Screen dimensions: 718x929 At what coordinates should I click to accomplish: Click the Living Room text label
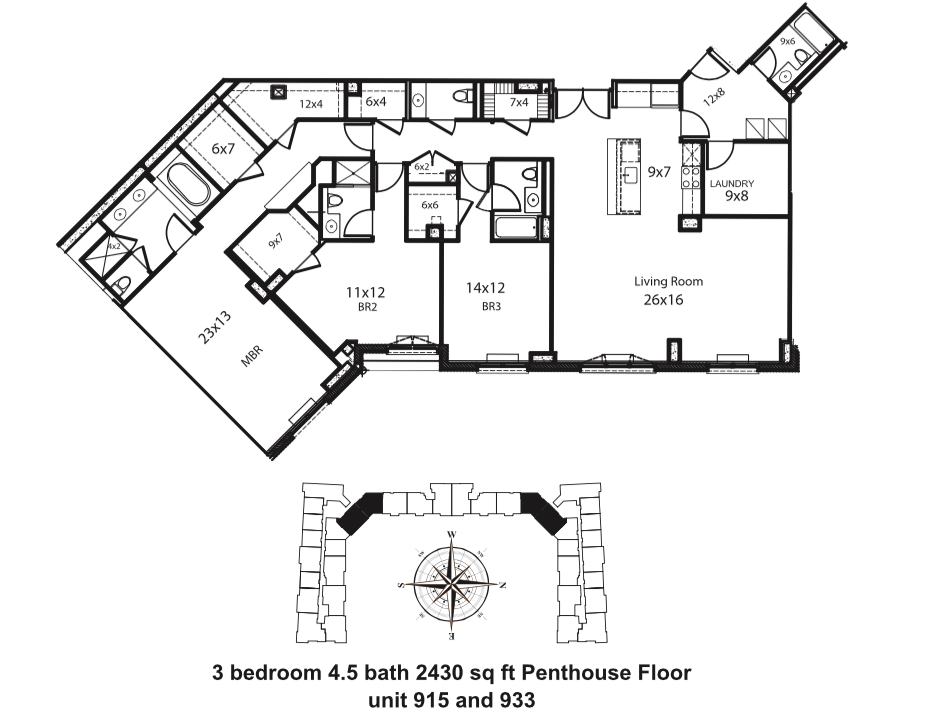click(668, 282)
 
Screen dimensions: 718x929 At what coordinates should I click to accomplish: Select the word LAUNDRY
click(732, 184)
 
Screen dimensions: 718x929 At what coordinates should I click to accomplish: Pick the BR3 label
click(491, 307)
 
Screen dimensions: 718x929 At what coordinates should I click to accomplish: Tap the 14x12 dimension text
click(485, 287)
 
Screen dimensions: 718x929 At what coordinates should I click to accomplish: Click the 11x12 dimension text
click(365, 292)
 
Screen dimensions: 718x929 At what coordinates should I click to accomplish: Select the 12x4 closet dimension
click(312, 103)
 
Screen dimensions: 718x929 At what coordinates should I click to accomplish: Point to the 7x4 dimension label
click(519, 102)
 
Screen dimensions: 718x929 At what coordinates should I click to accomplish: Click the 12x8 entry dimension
click(713, 98)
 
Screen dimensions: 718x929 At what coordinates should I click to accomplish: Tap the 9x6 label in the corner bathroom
click(787, 41)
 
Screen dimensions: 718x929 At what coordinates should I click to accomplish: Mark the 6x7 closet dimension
click(223, 148)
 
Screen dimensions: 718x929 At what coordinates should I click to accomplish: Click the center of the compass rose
click(453, 584)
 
